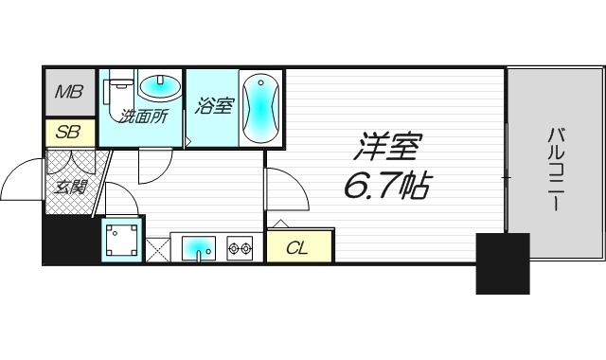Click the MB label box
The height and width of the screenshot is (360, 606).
tap(67, 92)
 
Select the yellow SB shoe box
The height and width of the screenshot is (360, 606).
tap(67, 132)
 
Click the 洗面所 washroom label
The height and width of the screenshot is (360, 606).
tap(142, 117)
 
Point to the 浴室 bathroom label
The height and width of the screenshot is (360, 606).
tap(213, 105)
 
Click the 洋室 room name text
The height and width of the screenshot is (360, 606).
tap(388, 150)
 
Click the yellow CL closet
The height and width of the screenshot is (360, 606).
tap(297, 248)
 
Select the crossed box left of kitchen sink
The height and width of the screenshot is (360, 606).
tap(157, 249)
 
